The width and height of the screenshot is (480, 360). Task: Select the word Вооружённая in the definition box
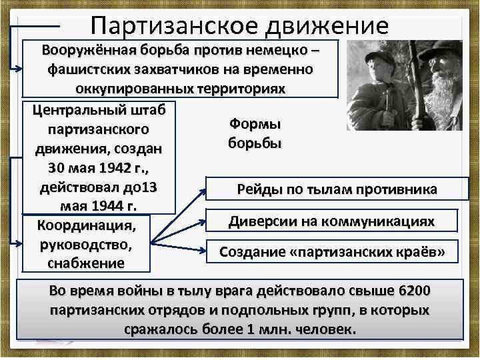85,51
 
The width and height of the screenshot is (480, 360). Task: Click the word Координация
85,224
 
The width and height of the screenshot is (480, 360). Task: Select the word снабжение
85,262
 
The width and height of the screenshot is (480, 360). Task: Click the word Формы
255,124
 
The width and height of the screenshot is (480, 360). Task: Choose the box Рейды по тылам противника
337,190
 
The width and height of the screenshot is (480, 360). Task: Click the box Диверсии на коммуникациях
331,221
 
